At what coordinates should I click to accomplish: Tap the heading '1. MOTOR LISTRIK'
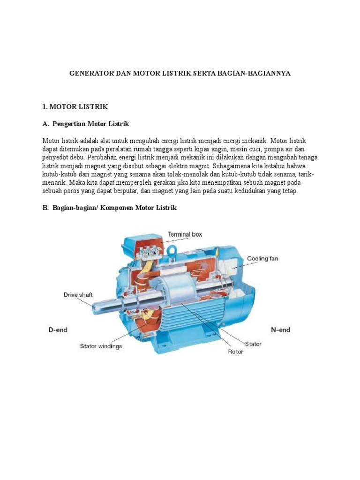(x=75, y=107)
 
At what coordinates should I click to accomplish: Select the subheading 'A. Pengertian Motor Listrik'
(x=85, y=124)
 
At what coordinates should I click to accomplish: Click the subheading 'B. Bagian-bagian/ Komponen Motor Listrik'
(x=109, y=208)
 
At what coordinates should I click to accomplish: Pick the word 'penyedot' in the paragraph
(x=55, y=157)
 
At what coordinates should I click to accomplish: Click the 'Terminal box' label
(x=185, y=234)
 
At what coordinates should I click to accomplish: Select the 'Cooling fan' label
(x=262, y=258)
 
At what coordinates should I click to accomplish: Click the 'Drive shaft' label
(x=78, y=295)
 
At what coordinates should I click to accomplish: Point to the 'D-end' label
(x=58, y=330)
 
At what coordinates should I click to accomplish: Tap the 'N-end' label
(x=280, y=330)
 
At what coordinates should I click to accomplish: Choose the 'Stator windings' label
(x=101, y=346)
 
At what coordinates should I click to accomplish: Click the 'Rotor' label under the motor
(x=235, y=352)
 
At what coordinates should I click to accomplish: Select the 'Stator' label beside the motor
(x=253, y=344)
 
